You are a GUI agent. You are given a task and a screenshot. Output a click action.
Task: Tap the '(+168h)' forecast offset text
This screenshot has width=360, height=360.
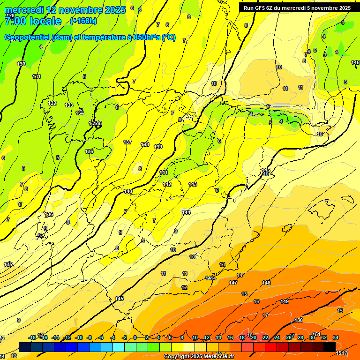[x=83, y=21]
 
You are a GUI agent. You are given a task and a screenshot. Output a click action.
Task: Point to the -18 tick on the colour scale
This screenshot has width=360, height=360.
[x=32, y=337]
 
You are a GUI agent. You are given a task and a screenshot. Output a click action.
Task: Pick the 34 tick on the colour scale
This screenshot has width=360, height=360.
[x=336, y=337]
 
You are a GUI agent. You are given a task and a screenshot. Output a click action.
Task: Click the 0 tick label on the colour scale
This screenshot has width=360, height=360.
[x=135, y=337]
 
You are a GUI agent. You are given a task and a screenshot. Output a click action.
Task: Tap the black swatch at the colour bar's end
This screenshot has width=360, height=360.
[x=330, y=346]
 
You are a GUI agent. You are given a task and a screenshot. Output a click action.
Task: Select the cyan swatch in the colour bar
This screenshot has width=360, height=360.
[x=119, y=346]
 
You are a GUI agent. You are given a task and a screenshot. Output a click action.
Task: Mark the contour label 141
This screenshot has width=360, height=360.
[x=164, y=173]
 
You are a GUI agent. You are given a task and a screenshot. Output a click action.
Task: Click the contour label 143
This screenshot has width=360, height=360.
[x=193, y=185]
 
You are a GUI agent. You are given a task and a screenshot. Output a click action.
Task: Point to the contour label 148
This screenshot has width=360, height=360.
[x=266, y=283]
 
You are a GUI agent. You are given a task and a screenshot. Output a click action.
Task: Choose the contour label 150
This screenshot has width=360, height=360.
[x=299, y=320]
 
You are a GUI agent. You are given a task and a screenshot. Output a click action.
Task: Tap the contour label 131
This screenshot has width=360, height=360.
[x=37, y=76]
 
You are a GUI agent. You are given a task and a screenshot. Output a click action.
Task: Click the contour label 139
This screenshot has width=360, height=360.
[x=158, y=147]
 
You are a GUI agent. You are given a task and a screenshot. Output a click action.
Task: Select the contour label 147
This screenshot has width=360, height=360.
[x=233, y=283]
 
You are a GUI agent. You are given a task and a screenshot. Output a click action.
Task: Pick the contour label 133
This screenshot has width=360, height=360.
[x=69, y=105]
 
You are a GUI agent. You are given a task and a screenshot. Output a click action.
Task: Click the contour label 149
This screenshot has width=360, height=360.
[x=285, y=301]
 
